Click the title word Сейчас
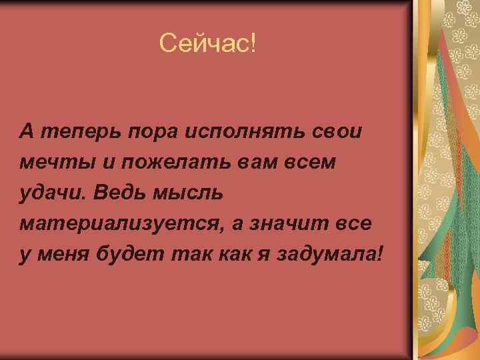coord(203,45)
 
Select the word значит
coord(298,224)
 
